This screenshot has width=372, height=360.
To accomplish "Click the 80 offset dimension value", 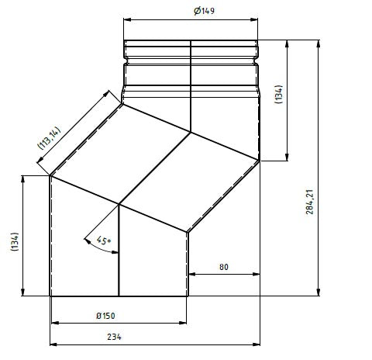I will tap(224, 267).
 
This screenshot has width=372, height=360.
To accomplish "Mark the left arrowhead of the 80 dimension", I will tap(191, 274).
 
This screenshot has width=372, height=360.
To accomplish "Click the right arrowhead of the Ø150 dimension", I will tap(184, 322).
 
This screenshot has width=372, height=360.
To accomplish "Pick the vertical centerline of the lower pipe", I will tap(119, 256).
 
